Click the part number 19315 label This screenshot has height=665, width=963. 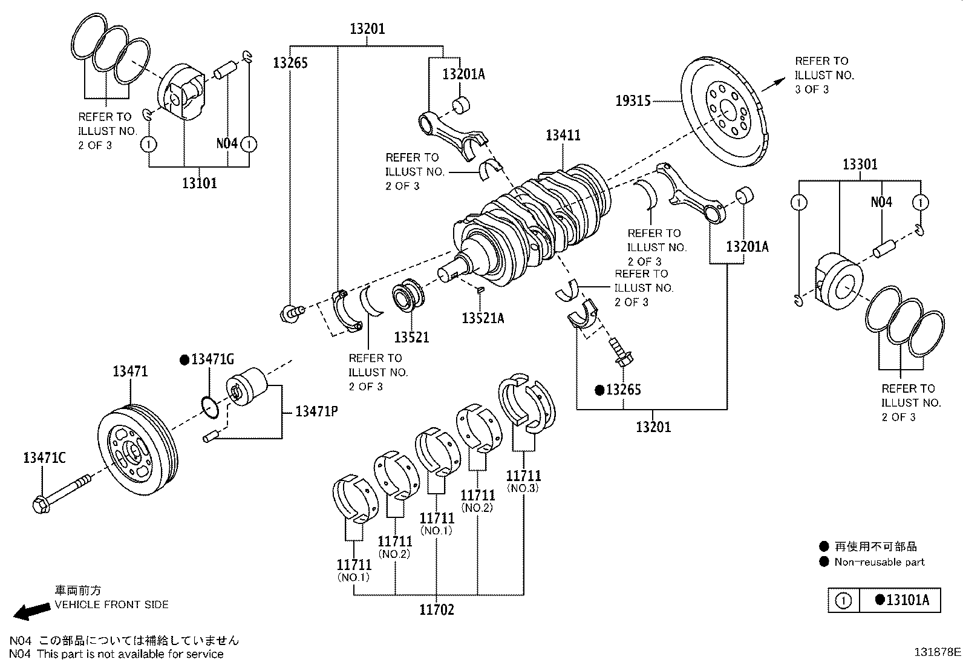[x=633, y=100]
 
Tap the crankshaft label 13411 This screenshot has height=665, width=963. [x=563, y=135]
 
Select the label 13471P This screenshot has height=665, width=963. [x=316, y=411]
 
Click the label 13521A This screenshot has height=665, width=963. [x=482, y=318]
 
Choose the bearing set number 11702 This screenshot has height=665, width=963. [x=436, y=609]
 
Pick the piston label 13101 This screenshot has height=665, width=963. [x=199, y=182]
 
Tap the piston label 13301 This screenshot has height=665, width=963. [x=860, y=164]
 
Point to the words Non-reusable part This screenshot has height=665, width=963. [x=879, y=562]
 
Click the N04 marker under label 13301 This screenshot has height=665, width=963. [x=881, y=202]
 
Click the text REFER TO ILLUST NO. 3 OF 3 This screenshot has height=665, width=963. [x=824, y=75]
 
